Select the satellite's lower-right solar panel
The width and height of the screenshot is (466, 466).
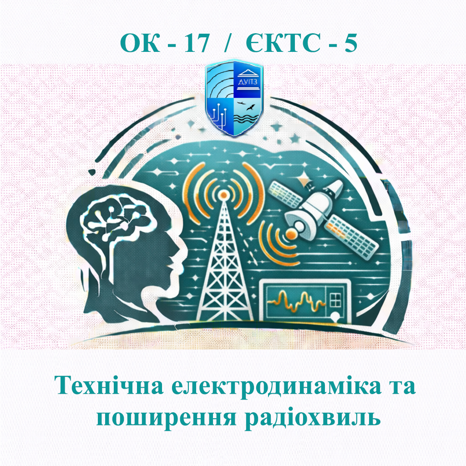pyautogui.click(x=353, y=234)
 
